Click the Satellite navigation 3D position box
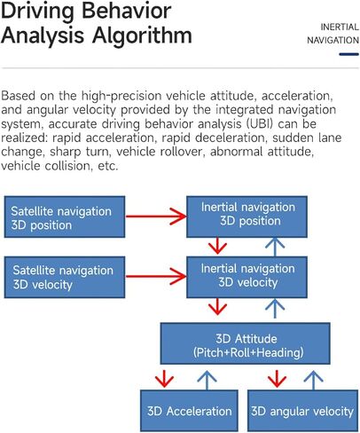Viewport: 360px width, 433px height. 65,216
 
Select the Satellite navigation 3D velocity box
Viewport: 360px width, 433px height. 65,277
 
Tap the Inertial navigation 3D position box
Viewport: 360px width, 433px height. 247,216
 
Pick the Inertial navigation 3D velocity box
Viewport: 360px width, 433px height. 247,277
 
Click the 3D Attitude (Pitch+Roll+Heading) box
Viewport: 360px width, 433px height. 246,343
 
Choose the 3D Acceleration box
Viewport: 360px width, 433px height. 189,411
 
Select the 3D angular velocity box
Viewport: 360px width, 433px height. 302,411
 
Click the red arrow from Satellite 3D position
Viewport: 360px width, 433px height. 156,216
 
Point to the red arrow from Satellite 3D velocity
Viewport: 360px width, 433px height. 156,277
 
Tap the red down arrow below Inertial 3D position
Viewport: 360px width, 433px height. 217,246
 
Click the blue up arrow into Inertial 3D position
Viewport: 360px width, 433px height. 275,247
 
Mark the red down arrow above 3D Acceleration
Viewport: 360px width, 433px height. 164,379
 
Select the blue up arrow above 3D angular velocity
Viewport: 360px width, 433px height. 313,381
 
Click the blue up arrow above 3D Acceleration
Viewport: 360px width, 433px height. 207,381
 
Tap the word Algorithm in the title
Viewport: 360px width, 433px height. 142,35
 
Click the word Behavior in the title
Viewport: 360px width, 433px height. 126,12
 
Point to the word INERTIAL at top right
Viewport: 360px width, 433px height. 340,28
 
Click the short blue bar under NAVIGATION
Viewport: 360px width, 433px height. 349,54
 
